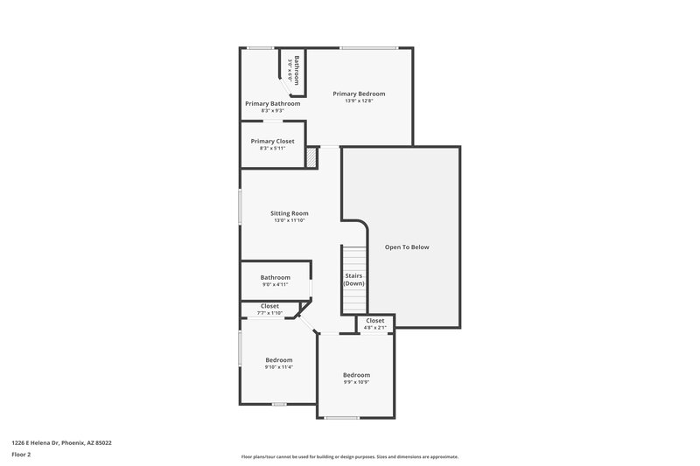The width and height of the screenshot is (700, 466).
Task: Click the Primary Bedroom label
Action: [359, 94]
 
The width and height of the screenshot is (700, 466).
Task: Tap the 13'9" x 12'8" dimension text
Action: [359, 101]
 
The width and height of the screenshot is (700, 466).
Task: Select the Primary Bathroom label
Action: [272, 103]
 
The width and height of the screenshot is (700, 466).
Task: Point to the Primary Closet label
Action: [272, 141]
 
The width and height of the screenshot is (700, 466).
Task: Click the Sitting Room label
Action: [289, 212]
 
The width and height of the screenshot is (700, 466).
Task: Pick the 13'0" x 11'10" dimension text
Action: [289, 220]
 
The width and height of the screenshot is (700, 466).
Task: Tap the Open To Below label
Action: [407, 247]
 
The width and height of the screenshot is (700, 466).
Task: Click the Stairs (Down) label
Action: [353, 280]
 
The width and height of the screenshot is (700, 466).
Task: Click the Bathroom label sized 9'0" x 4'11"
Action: [274, 277]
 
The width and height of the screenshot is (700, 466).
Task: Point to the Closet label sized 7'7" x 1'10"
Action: [269, 306]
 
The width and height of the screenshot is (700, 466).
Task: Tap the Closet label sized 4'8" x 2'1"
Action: [374, 321]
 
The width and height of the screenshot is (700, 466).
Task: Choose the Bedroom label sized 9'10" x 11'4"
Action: [278, 359]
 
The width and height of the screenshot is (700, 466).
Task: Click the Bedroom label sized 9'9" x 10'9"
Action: [356, 375]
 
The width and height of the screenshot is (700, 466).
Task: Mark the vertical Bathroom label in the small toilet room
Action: [297, 68]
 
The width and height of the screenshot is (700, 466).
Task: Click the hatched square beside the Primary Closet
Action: [311, 156]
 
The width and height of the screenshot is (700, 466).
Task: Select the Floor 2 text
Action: [22, 455]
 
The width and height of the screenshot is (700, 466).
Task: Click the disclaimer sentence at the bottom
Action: [350, 456]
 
